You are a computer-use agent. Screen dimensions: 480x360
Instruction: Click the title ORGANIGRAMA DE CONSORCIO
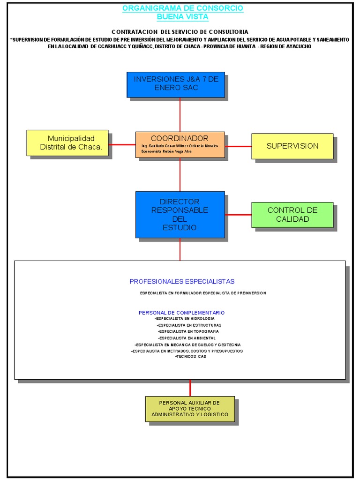(183, 8)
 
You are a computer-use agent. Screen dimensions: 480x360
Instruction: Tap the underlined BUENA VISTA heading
(183, 17)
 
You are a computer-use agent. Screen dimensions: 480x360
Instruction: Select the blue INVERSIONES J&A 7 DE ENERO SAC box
(176, 84)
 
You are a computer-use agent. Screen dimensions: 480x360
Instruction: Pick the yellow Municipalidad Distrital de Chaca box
(67, 143)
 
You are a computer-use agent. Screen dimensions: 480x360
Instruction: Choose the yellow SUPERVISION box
(292, 146)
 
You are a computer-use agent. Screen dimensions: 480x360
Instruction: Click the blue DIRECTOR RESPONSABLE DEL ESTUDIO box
(180, 215)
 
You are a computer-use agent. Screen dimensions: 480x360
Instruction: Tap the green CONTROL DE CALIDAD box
(292, 215)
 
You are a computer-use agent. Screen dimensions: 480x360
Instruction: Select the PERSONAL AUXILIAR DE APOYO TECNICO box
(190, 409)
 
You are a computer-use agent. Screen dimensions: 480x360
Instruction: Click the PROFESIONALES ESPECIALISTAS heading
(182, 282)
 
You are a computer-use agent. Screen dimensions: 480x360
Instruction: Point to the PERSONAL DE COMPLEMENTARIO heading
(181, 313)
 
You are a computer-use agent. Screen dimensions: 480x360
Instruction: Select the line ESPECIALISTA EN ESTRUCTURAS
(189, 325)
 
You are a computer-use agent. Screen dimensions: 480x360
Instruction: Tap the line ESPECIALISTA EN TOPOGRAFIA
(188, 331)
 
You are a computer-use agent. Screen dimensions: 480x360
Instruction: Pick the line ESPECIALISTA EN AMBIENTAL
(187, 338)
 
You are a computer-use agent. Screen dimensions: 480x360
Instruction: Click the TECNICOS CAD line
(190, 357)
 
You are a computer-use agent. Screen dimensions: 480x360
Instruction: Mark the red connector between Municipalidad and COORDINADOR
(122, 145)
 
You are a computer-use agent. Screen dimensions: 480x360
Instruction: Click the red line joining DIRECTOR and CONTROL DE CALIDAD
(238, 215)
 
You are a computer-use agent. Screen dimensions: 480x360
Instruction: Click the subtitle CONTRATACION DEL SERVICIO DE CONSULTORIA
(180, 31)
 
